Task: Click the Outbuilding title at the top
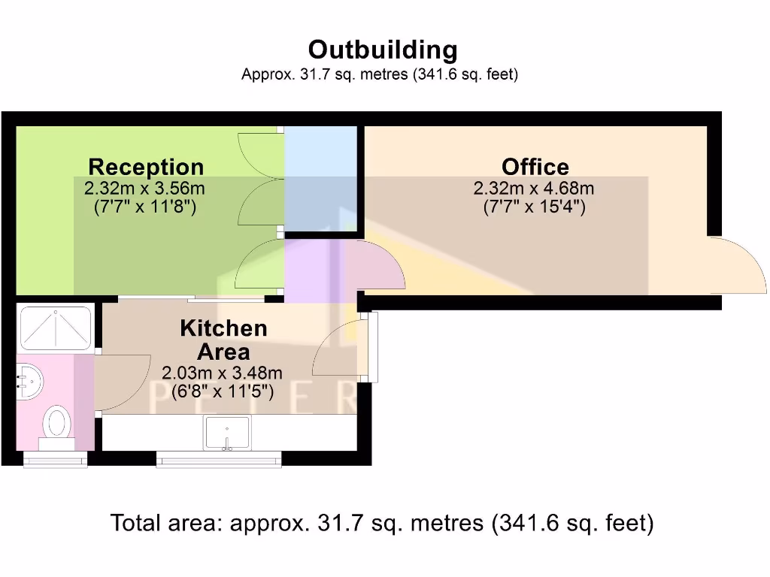[x=383, y=50]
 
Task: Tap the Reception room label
[x=146, y=167]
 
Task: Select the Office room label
[x=535, y=167]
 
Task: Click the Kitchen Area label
[x=223, y=340]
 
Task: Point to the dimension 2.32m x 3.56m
[x=145, y=189]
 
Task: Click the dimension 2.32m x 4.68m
[x=534, y=189]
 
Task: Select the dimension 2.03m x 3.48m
[x=223, y=373]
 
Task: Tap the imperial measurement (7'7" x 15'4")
[x=534, y=207]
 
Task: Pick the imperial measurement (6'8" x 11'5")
[x=223, y=391]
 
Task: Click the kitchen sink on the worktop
[x=226, y=432]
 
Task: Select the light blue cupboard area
[x=320, y=179]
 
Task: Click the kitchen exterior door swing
[x=338, y=349]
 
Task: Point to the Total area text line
[x=382, y=523]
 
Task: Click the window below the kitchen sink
[x=219, y=458]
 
